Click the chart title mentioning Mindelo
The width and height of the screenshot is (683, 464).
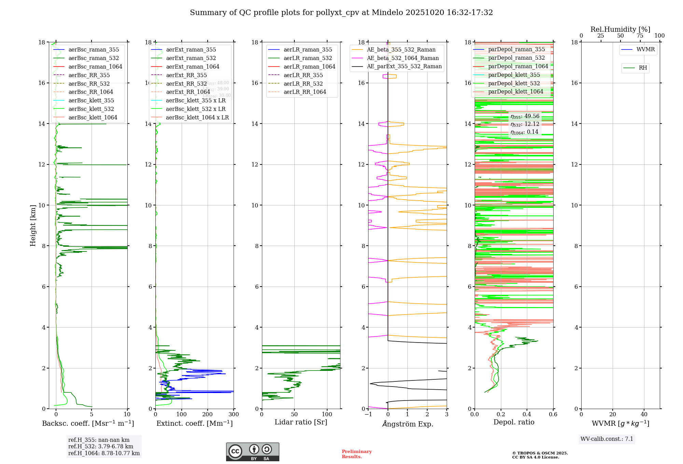coord(341,13)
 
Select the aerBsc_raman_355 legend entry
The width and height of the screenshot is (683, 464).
coord(94,50)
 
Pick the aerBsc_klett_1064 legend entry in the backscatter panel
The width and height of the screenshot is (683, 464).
coord(93,118)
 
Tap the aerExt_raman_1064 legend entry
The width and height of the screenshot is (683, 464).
coord(193,67)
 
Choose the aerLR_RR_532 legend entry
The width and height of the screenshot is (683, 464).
coord(303,84)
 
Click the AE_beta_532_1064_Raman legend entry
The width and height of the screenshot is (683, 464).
coord(403,58)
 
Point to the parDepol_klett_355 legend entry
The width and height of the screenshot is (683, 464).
coord(514,75)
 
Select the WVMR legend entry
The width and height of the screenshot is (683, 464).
coord(645,50)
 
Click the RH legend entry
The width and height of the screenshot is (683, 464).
coord(643,68)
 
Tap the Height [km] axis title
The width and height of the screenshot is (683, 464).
coord(33,225)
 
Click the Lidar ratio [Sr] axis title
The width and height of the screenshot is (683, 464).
coord(301,422)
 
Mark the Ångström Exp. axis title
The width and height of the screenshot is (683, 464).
coord(407,424)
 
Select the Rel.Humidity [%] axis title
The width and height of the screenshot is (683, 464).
coord(620,30)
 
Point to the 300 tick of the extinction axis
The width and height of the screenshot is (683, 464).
coord(234,415)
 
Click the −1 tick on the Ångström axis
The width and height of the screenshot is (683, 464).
coord(368,415)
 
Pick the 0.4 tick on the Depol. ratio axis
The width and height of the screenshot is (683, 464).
coord(527,415)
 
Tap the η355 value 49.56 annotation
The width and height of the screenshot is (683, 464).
coord(525,117)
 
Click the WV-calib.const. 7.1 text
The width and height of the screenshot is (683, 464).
coord(607,439)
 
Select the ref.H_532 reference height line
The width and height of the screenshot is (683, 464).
coord(101,447)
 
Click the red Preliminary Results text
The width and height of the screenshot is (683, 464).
coord(357,454)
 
